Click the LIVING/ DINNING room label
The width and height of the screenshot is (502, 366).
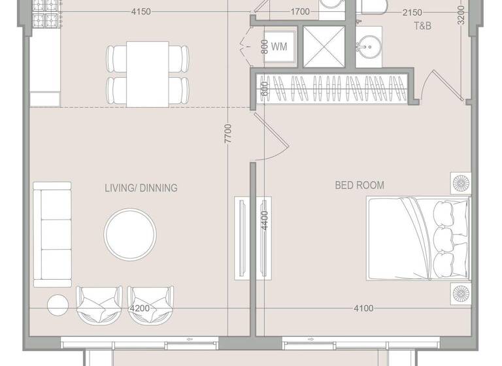pos(141,188)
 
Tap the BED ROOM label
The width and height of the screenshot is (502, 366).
pos(360,186)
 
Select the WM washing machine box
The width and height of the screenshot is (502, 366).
pos(278,46)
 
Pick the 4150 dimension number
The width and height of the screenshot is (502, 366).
pos(141,12)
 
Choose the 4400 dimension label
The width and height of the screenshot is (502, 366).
pos(264,219)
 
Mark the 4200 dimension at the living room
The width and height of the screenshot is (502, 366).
pos(141,308)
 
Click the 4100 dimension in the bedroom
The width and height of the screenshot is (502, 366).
pos(364,308)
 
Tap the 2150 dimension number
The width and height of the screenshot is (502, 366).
pos(412,12)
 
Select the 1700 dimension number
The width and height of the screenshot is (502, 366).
pos(299,12)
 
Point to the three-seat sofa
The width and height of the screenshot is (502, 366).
pos(53,234)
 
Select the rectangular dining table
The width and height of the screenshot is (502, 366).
pos(148,74)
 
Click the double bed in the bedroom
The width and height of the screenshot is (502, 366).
pos(418,239)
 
